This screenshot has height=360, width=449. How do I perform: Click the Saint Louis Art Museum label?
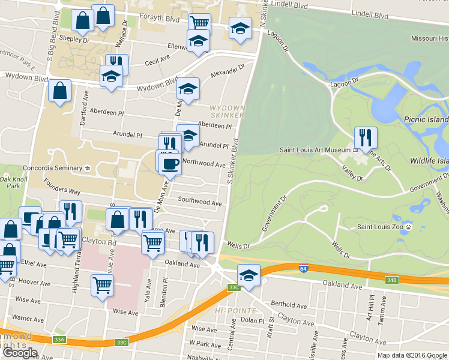[316, 149]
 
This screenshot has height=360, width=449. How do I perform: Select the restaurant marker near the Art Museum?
[366, 138]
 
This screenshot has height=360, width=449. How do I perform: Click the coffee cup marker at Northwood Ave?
[170, 163]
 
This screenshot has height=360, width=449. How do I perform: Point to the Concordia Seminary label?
[52, 168]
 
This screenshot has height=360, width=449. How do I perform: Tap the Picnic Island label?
[426, 119]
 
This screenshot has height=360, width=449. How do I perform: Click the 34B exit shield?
[392, 280]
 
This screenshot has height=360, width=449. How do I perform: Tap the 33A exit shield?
[59, 340]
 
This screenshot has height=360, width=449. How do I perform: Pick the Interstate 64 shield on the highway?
[303, 268]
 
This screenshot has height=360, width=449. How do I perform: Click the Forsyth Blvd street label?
[161, 19]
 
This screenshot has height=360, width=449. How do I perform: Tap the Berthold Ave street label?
[289, 304]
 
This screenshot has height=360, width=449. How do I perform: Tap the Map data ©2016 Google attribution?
[412, 355]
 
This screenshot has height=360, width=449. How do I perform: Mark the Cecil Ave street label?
[158, 61]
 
